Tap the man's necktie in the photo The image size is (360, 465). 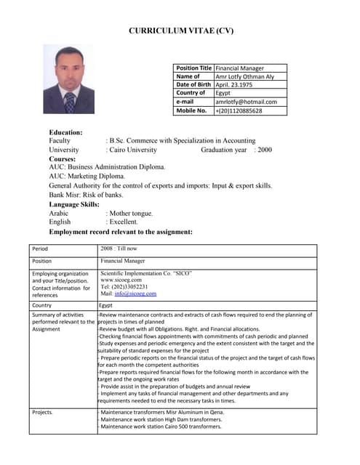pyautogui.click(x=69, y=102)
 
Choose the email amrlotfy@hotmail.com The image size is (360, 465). pyautogui.click(x=246, y=102)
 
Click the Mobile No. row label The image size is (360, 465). pyautogui.click(x=193, y=110)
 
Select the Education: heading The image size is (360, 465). pyautogui.click(x=65, y=132)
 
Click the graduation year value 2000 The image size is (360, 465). pyautogui.click(x=264, y=150)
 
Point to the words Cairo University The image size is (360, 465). pyautogui.click(x=133, y=150)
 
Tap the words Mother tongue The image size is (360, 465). pyautogui.click(x=131, y=214)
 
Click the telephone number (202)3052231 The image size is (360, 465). pyautogui.click(x=130, y=286)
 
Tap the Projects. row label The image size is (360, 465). pyautogui.click(x=43, y=412)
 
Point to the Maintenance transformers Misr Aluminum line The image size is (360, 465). pyautogui.click(x=161, y=412)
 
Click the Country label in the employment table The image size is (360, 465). pyautogui.click(x=42, y=306)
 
